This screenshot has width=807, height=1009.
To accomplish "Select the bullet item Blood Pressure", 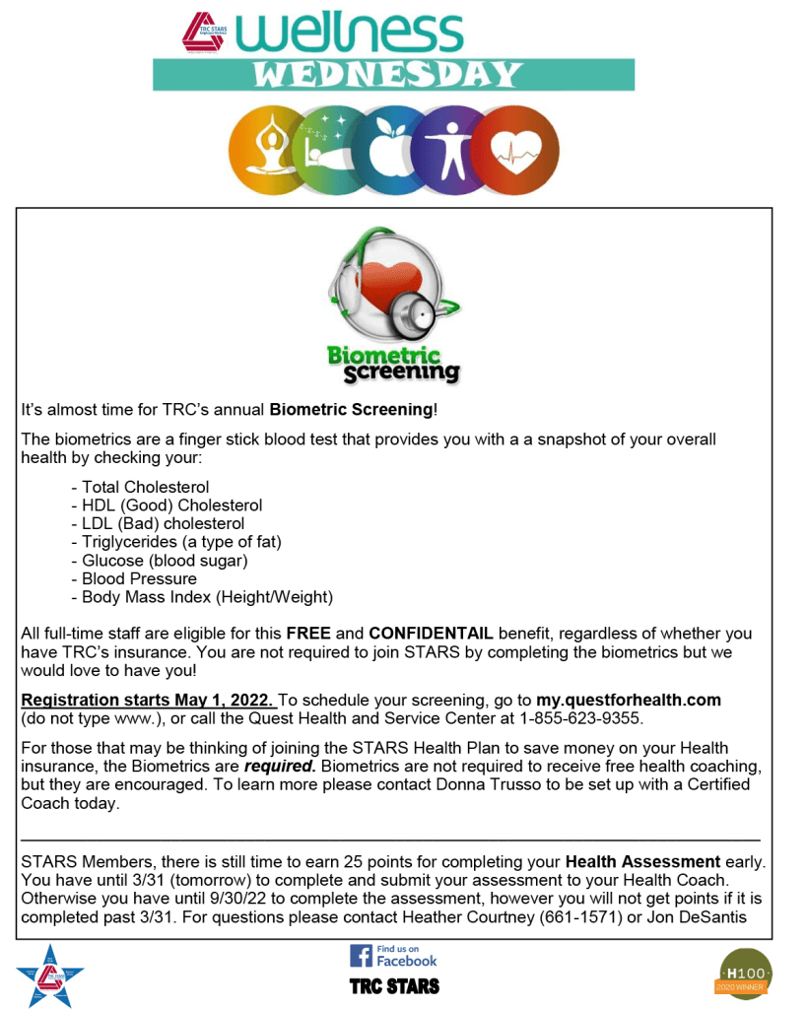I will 139,578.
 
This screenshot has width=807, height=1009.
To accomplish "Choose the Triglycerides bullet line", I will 181,542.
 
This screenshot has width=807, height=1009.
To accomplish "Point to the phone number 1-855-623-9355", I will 580,718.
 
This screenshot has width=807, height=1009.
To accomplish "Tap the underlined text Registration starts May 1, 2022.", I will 149,700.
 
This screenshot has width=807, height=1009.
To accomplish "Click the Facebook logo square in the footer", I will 361,955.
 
